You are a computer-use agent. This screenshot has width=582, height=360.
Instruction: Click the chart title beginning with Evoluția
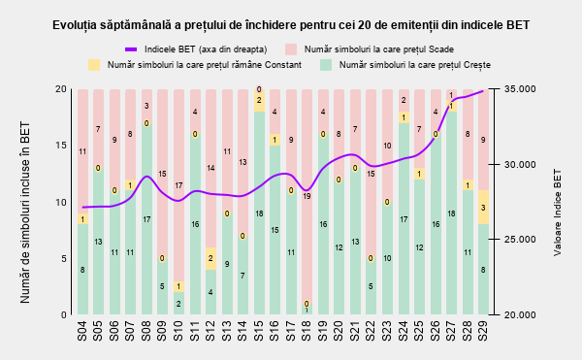[x=291, y=25]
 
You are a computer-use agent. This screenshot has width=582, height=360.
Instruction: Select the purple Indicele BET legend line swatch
[x=131, y=49]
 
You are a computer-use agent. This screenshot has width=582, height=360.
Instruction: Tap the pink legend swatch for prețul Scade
[x=291, y=49]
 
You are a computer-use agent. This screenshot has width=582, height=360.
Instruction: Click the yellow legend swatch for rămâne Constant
[x=94, y=65]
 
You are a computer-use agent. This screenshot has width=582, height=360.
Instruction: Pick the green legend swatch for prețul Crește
[x=326, y=65]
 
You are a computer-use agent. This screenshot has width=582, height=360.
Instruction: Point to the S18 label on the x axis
[x=307, y=331]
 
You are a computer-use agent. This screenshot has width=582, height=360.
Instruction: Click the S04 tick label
[x=82, y=331]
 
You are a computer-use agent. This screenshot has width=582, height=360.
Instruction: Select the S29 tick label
[x=483, y=331]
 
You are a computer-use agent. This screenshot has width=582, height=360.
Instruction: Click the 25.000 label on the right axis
[x=520, y=240]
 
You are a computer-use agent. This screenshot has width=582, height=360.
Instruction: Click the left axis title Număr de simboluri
[x=25, y=213]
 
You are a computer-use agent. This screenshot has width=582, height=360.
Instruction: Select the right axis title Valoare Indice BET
[x=557, y=213]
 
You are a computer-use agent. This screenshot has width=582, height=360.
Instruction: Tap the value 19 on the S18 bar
[x=307, y=196]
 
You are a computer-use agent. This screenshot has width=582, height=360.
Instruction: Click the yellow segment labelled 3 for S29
[x=483, y=207]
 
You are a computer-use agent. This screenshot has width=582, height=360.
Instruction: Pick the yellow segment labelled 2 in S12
[x=210, y=258]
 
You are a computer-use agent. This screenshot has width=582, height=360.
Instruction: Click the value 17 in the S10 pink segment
[x=178, y=185]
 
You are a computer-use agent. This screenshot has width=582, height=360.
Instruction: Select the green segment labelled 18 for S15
[x=259, y=213]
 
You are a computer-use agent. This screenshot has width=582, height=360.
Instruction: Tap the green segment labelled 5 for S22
[x=371, y=286]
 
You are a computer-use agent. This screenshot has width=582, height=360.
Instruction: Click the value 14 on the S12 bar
[x=210, y=168]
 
